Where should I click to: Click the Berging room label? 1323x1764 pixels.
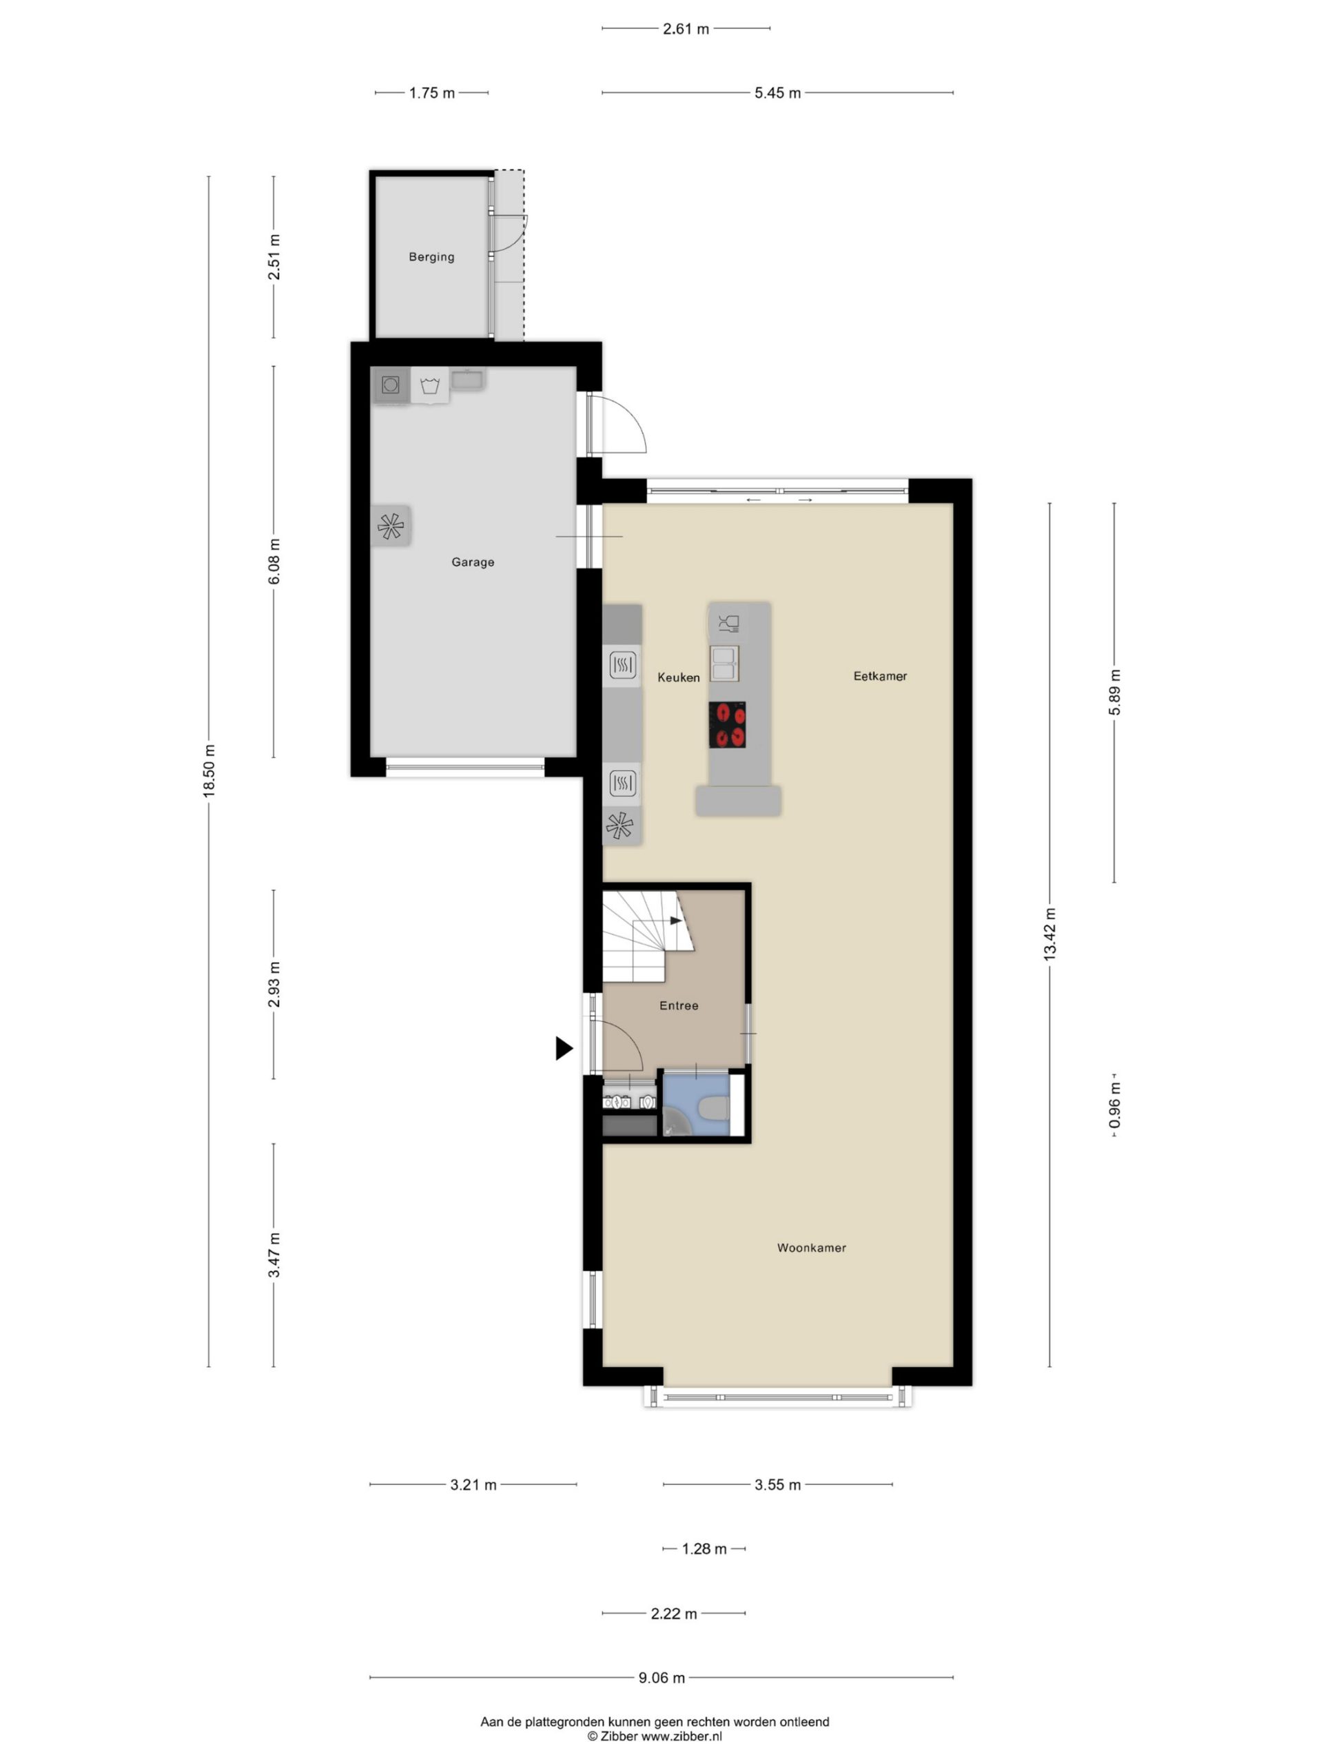point(431,257)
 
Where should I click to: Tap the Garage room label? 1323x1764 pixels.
point(473,562)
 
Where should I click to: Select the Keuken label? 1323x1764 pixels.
point(679,677)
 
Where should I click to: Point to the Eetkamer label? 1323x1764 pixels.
point(881,676)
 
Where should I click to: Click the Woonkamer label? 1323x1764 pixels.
point(812,1248)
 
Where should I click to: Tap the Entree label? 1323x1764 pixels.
point(679,1005)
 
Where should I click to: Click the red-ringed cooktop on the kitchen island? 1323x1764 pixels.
point(727,725)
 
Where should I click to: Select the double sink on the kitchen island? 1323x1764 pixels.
point(725,664)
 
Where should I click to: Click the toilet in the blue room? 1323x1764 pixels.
point(712,1108)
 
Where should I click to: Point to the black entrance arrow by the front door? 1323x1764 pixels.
point(564,1048)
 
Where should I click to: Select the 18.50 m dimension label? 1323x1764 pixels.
point(209,771)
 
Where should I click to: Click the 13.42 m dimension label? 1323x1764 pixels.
point(1049,934)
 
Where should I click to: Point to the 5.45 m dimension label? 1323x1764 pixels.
point(777,93)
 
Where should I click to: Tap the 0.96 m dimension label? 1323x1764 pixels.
point(1114,1105)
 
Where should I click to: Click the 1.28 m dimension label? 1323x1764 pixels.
point(704,1549)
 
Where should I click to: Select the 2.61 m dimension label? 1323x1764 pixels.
point(686,30)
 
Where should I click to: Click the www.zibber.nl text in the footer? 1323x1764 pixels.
point(682,1735)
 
